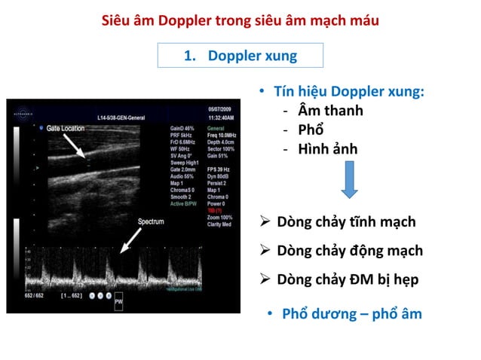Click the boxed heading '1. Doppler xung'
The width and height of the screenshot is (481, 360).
(x=240, y=56)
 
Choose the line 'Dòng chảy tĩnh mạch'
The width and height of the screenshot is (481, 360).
(x=346, y=222)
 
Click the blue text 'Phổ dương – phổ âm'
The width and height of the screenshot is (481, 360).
(x=351, y=313)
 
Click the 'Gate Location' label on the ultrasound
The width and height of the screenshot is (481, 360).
(x=65, y=129)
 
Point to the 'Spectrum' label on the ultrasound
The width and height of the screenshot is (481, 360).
(x=151, y=221)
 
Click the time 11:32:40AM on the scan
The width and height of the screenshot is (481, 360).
(x=221, y=117)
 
